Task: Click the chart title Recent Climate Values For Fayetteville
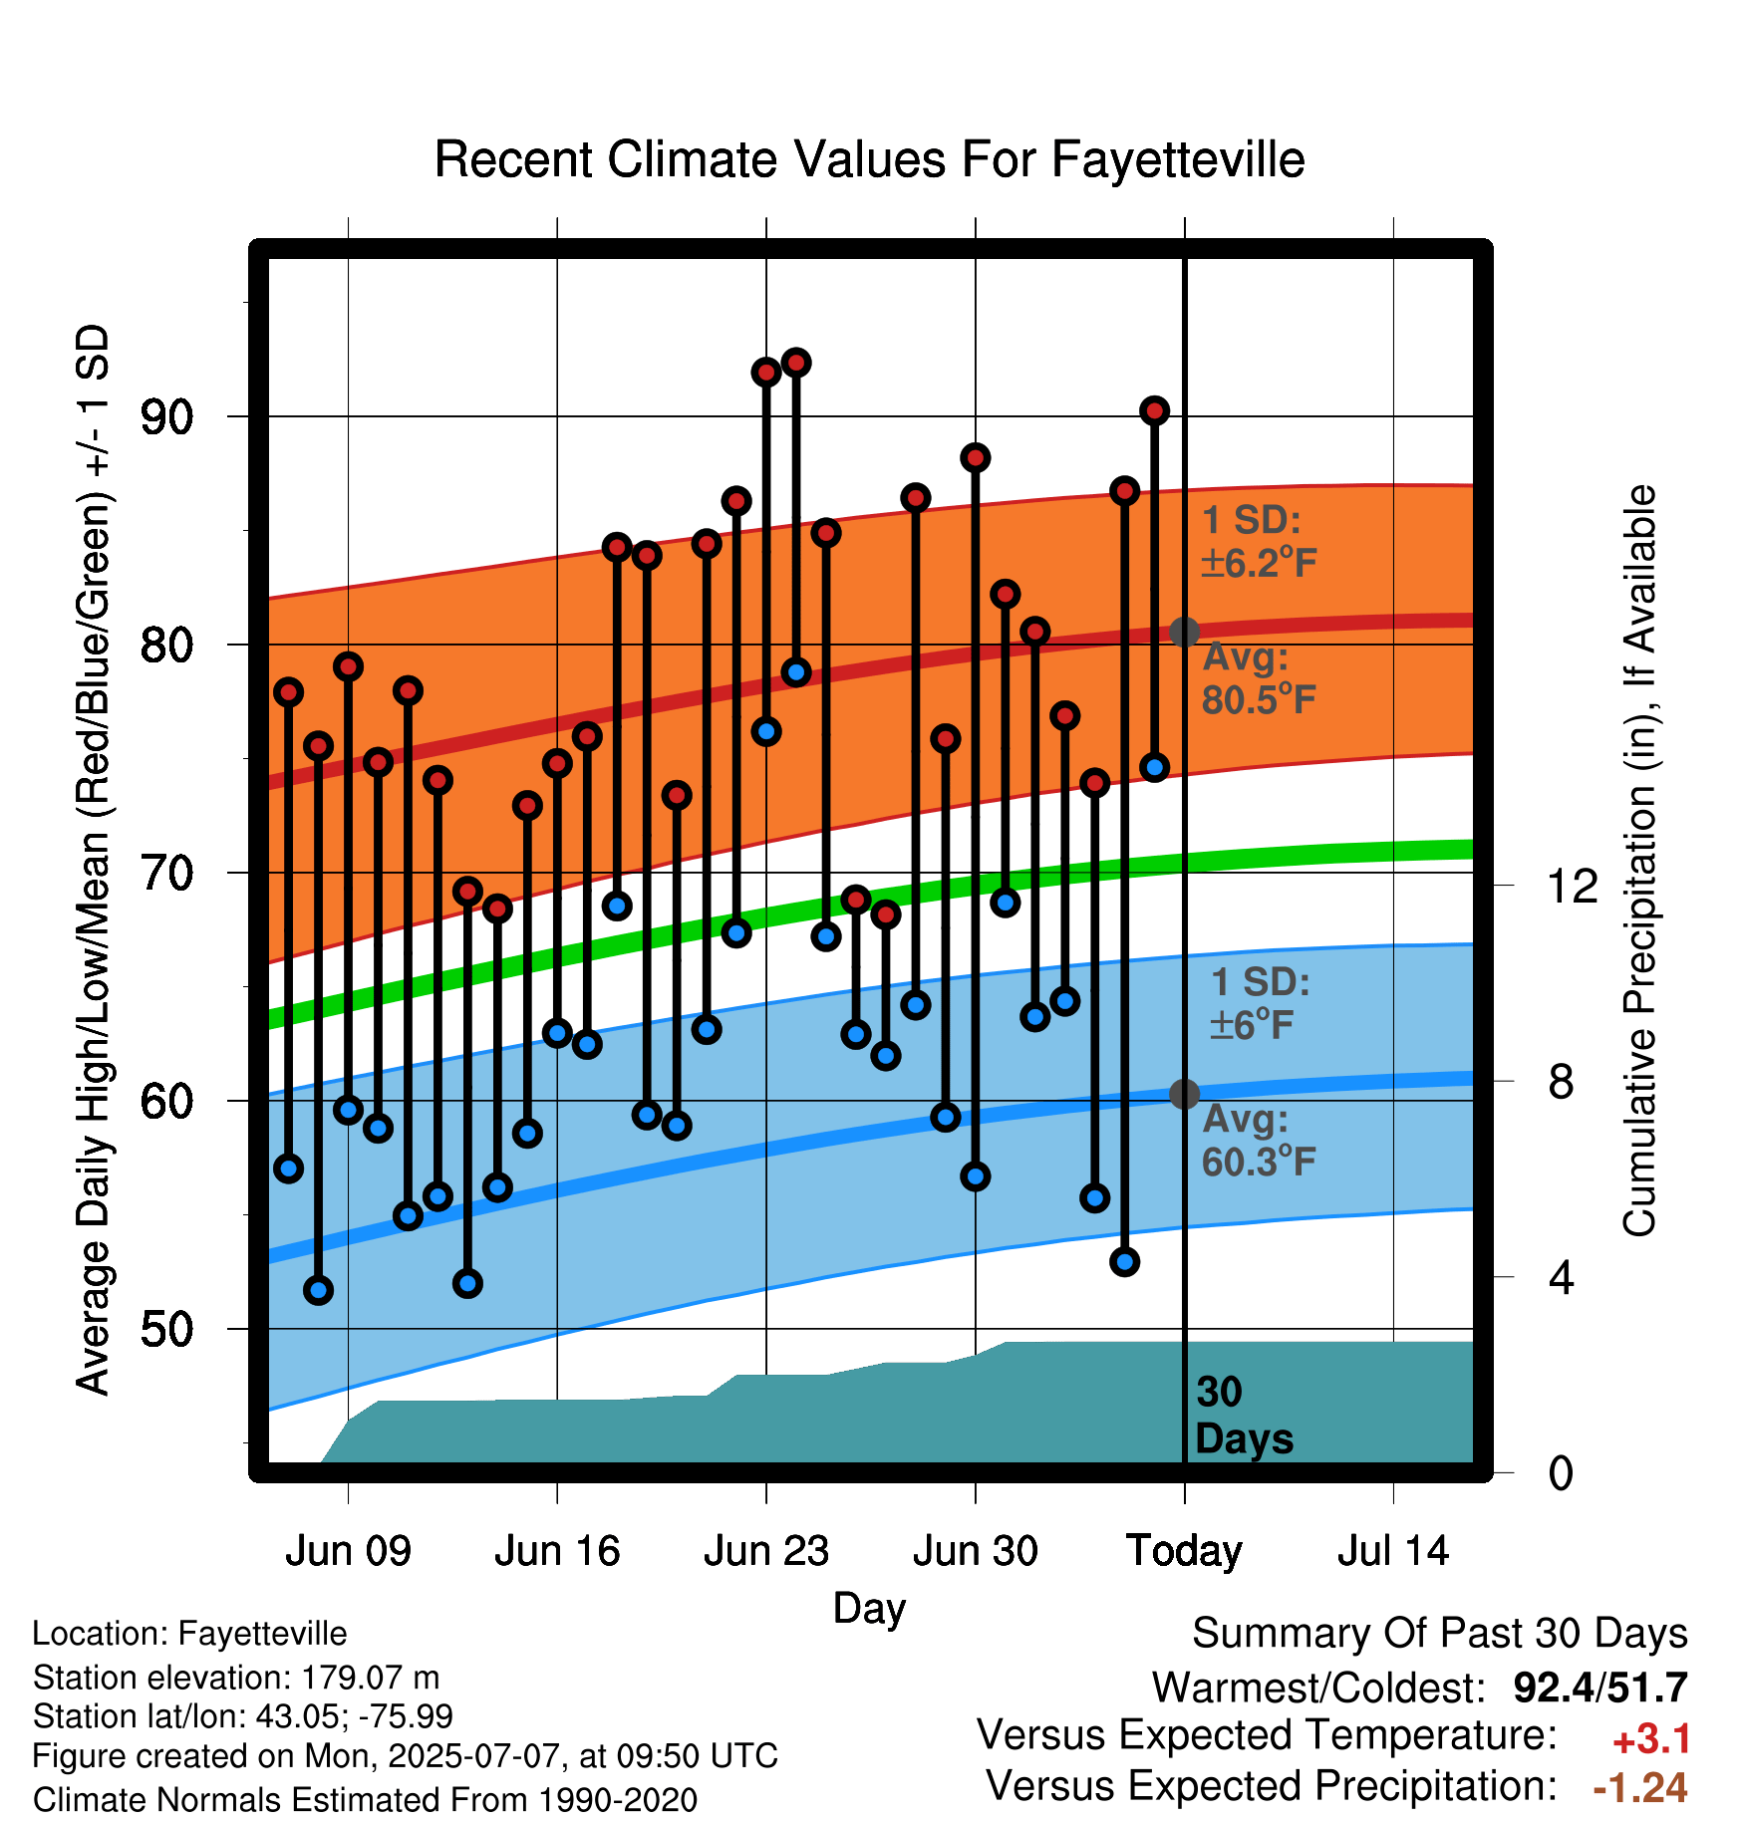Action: (869, 159)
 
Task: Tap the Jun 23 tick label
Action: (765, 1551)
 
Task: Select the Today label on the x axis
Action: (1184, 1552)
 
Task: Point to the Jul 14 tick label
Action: (1393, 1551)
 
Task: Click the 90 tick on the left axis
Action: (166, 417)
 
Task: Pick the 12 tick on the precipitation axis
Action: (1573, 886)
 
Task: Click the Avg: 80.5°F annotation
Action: (1259, 678)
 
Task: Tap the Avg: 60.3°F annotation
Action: (1259, 1141)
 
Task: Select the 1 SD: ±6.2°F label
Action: (1259, 541)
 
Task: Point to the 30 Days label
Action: (1244, 1416)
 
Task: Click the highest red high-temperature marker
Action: (796, 363)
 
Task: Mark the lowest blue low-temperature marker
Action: (318, 1290)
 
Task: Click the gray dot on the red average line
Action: (1184, 632)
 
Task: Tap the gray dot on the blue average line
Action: (1184, 1094)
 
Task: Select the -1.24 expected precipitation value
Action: (1640, 1788)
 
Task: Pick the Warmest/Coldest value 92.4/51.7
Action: (1600, 1688)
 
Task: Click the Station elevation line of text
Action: (236, 1678)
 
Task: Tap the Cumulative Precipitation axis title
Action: (1639, 861)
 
